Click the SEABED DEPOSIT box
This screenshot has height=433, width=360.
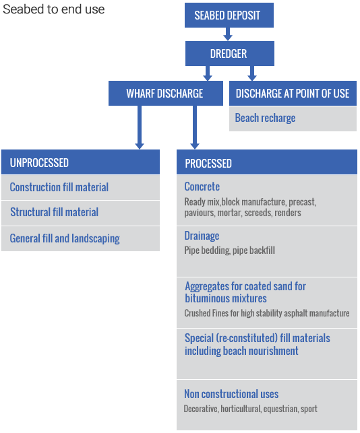(x=229, y=15)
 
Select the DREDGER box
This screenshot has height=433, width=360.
(x=229, y=54)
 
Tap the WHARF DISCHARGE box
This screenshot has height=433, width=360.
(x=166, y=94)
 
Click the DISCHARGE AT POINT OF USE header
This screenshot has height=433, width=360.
(x=293, y=94)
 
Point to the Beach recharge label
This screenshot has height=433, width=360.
(x=265, y=118)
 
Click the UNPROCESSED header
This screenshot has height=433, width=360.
(x=80, y=162)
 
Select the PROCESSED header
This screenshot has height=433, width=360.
(x=267, y=162)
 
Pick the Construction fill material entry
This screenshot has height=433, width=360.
(x=59, y=187)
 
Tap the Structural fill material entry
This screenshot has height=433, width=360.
(x=54, y=212)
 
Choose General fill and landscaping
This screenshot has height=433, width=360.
(x=65, y=238)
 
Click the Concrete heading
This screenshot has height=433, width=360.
(x=202, y=187)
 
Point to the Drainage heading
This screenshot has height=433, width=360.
(x=202, y=236)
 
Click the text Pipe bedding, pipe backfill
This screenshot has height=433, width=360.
(x=229, y=251)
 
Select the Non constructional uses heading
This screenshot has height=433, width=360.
(x=231, y=394)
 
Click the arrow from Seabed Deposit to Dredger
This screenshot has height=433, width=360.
(x=228, y=34)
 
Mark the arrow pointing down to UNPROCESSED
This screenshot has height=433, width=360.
(x=140, y=127)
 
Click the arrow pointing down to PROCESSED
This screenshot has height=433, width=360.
(x=195, y=127)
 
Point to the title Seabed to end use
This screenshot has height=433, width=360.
(x=54, y=9)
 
